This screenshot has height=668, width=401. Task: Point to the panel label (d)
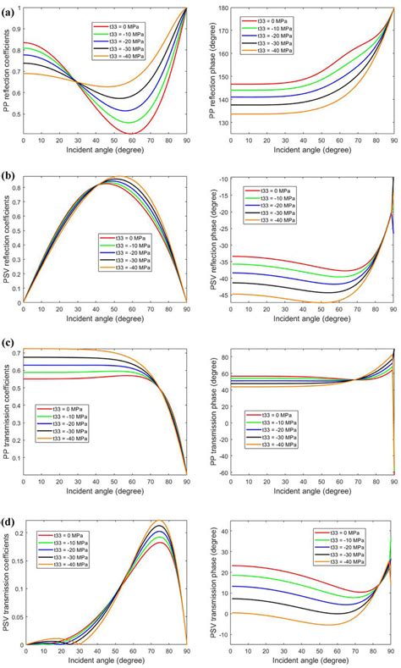pos(8,512)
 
